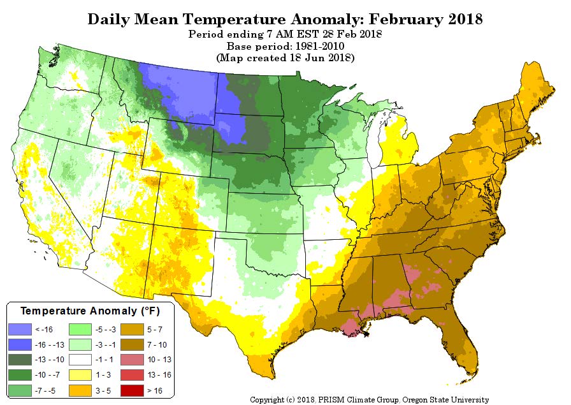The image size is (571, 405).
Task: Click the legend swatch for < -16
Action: coord(22,330)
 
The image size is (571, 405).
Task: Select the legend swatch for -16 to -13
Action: coord(22,344)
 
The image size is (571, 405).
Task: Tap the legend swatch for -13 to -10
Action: coord(22,360)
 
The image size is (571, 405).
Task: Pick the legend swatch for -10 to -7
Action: coord(22,374)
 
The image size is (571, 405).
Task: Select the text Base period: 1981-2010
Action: coord(285,47)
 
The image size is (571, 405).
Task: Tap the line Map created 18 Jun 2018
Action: coord(285,58)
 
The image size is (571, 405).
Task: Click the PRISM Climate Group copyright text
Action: coord(369,400)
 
